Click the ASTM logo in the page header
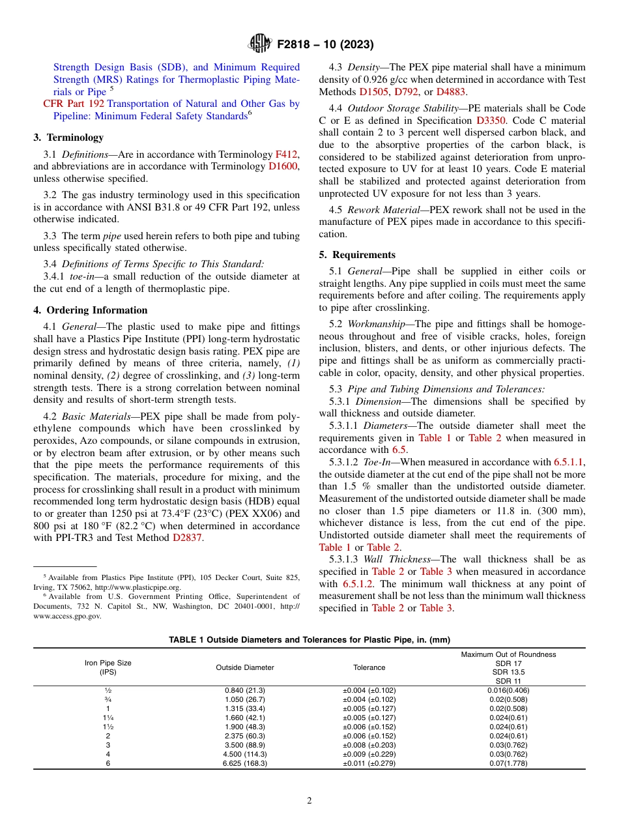[260, 44]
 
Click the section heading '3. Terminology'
[68, 138]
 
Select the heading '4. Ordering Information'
[91, 310]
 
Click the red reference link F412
[286, 154]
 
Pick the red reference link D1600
[283, 166]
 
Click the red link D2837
[187, 538]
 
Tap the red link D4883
[451, 92]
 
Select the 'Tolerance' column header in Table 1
[369, 667]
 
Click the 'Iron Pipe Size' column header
[108, 663]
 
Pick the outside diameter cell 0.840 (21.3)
[245, 690]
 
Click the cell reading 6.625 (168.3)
[245, 763]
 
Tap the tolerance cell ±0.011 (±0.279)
[369, 763]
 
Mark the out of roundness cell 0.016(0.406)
[508, 690]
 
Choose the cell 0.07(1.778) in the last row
[508, 763]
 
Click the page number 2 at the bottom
[309, 801]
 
